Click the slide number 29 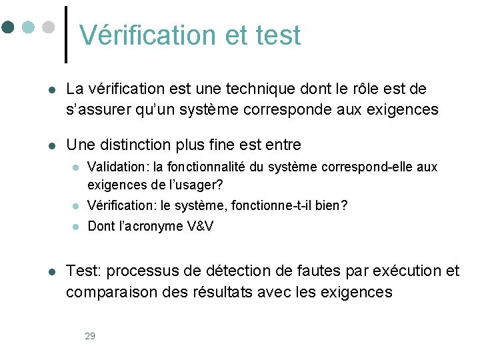[90, 336]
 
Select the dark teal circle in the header [8, 27]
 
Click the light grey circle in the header [48, 27]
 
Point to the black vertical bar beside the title [66, 34]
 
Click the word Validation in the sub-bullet [112, 167]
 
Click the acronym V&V [200, 226]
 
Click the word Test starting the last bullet [82, 271]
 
